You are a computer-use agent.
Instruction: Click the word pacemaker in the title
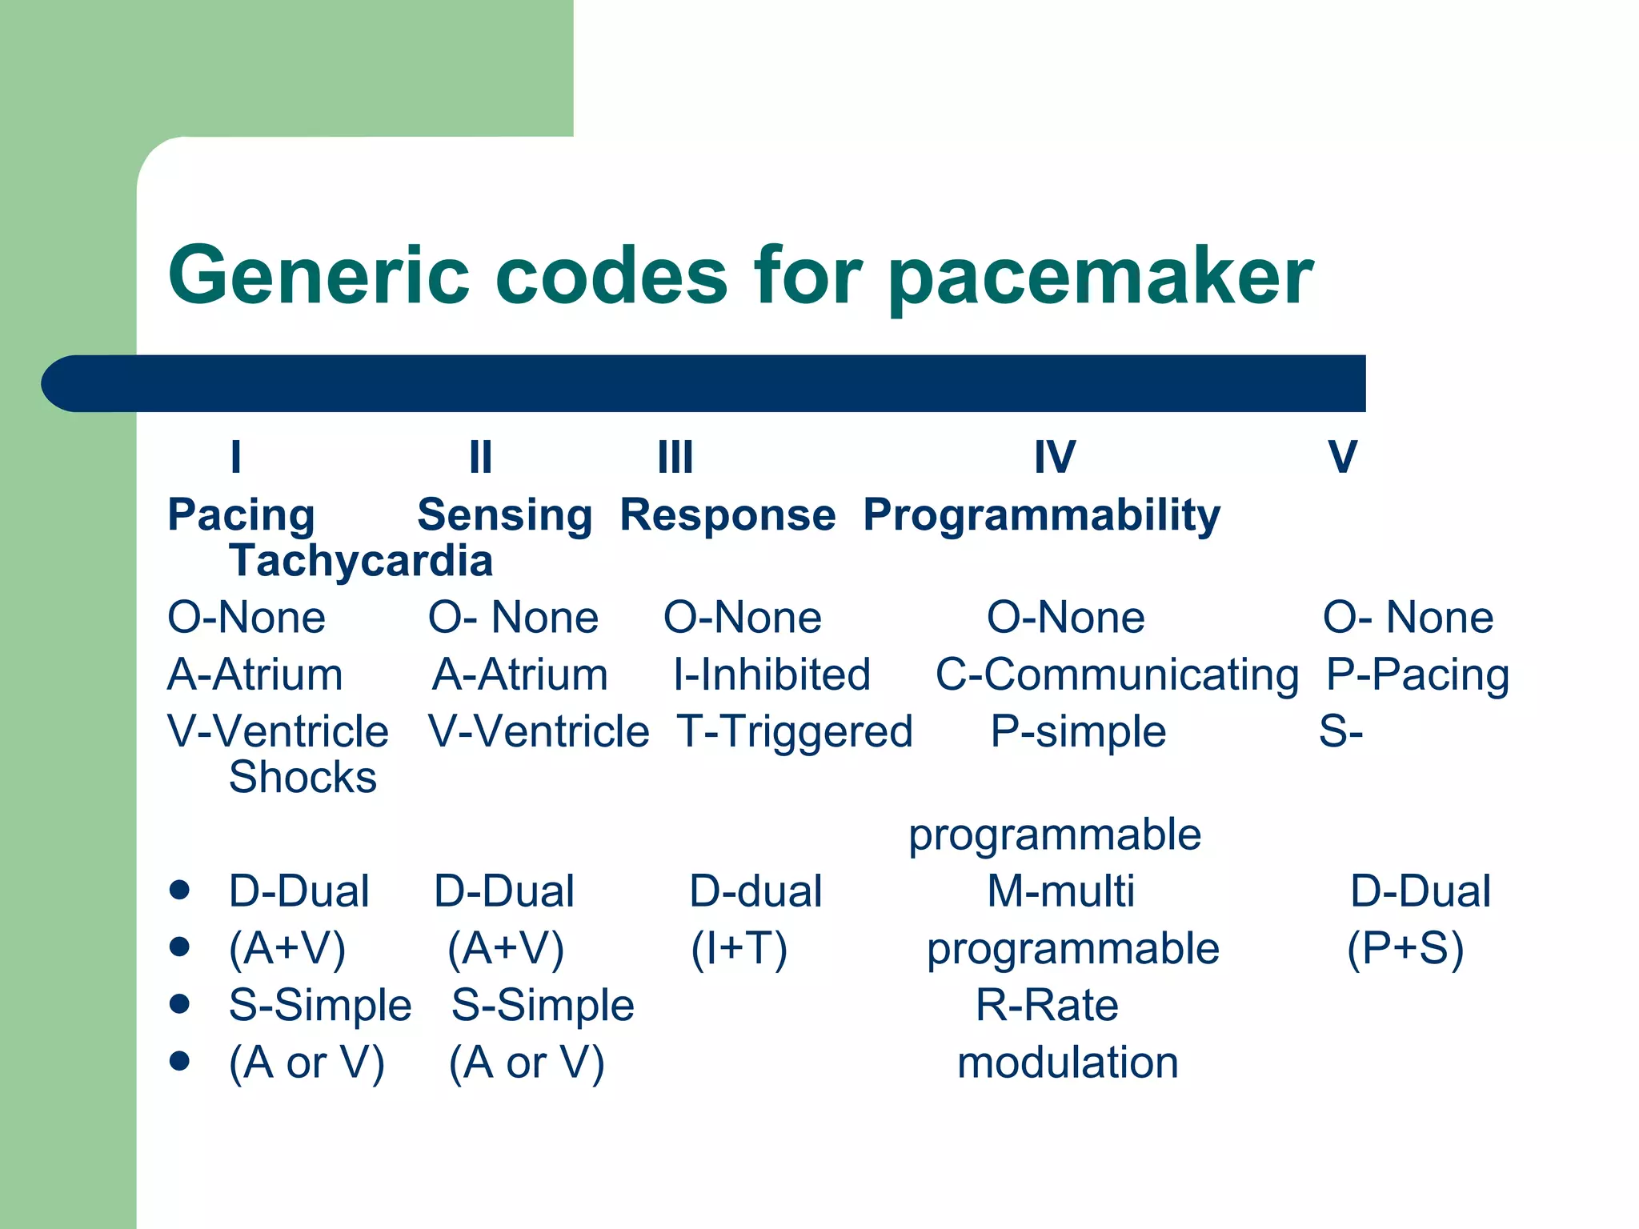[x=1100, y=276]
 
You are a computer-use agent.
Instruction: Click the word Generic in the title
[x=319, y=276]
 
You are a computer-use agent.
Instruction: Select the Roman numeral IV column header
[x=1055, y=458]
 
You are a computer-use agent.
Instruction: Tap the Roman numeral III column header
[x=675, y=458]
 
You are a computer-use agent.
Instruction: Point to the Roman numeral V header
[x=1342, y=458]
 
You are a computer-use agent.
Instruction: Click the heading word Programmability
[x=1041, y=514]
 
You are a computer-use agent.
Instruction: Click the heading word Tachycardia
[x=361, y=561]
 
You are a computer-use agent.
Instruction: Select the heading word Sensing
[x=504, y=514]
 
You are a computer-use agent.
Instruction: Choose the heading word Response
[x=727, y=514]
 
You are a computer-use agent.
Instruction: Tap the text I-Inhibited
[x=771, y=675]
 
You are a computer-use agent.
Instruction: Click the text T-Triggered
[x=795, y=731]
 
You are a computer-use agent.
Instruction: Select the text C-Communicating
[x=1117, y=675]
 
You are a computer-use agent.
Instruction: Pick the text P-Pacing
[x=1417, y=675]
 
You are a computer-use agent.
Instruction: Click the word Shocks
[x=303, y=777]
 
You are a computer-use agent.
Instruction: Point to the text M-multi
[x=1060, y=891]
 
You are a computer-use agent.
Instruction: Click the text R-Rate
[x=1047, y=1006]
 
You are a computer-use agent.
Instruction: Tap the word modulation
[x=1068, y=1063]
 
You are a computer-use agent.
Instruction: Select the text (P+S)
[x=1405, y=949]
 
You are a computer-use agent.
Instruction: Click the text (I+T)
[x=739, y=949]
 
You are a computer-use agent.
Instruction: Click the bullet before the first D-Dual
[x=179, y=890]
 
